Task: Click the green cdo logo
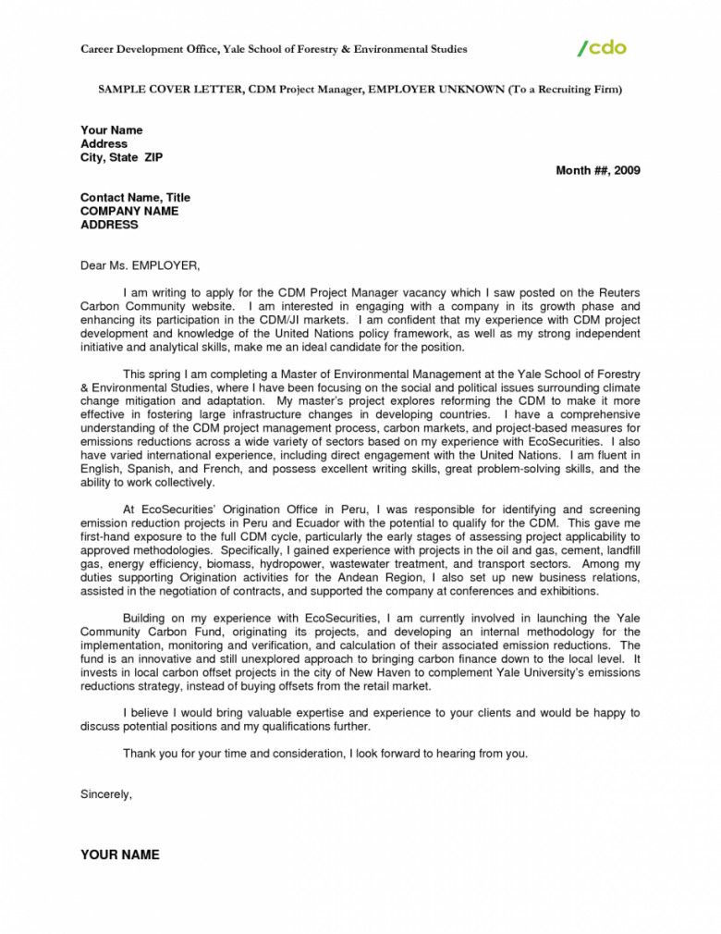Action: point(602,47)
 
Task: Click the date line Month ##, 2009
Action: point(597,170)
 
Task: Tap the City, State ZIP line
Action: point(121,157)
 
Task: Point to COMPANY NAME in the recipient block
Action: point(129,211)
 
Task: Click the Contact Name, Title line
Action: point(135,197)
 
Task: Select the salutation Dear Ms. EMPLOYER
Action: point(140,265)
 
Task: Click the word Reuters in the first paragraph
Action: point(617,292)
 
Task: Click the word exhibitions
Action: point(565,590)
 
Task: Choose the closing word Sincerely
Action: point(106,794)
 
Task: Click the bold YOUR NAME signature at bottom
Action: point(120,854)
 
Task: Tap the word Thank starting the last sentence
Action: point(140,754)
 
